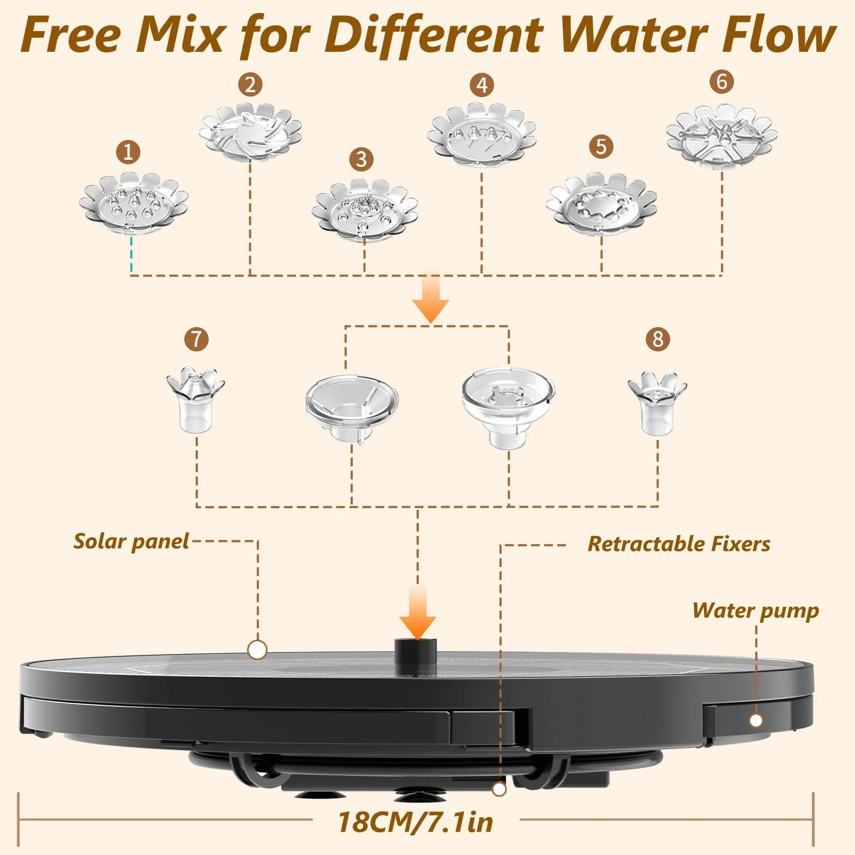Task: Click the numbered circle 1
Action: (x=128, y=152)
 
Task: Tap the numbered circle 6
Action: (x=721, y=81)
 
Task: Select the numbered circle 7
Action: (x=196, y=339)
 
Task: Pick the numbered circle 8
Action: (x=658, y=339)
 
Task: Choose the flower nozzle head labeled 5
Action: (x=601, y=203)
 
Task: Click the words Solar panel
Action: (x=131, y=541)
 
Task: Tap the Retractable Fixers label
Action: (x=679, y=544)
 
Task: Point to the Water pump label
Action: (x=756, y=611)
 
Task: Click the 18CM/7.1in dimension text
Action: (x=416, y=822)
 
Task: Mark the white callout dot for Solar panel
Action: (x=257, y=649)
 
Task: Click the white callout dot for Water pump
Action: (x=756, y=720)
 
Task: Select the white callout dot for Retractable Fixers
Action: (x=499, y=788)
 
